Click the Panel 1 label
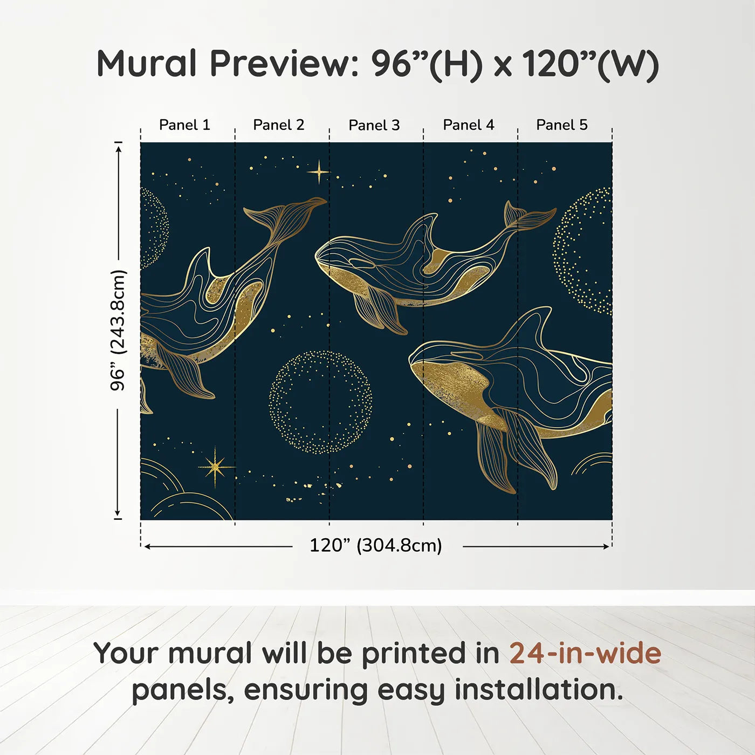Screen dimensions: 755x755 click(184, 125)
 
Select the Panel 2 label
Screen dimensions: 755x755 click(279, 125)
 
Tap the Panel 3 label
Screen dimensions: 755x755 click(374, 125)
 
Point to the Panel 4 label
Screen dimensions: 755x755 click(469, 125)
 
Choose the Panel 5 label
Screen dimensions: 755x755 click(562, 125)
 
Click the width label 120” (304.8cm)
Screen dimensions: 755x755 click(376, 545)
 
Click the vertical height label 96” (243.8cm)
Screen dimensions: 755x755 click(118, 330)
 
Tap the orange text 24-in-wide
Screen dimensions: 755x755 click(585, 653)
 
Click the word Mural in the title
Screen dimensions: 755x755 click(146, 63)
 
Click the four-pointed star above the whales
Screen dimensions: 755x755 click(319, 172)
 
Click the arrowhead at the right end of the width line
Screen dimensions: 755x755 click(607, 546)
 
